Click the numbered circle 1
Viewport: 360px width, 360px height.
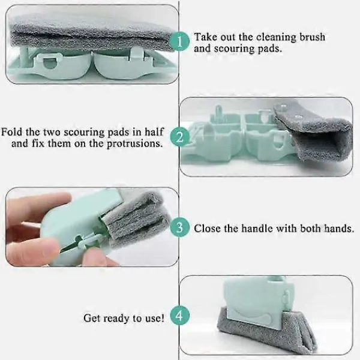pos(180,42)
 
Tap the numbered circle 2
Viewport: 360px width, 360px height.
pos(180,137)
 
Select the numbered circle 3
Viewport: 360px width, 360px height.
pos(180,227)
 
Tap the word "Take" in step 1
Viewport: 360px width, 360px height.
pos(205,37)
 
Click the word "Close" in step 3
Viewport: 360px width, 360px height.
pos(208,229)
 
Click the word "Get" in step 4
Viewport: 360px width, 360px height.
pos(92,319)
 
